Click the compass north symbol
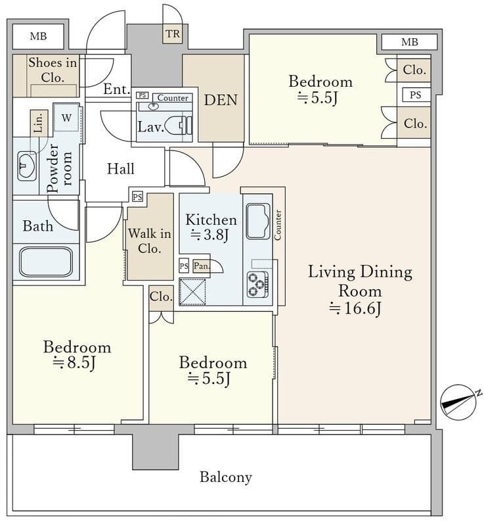click(x=458, y=402)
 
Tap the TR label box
click(x=173, y=34)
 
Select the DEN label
click(x=221, y=100)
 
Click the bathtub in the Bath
click(x=46, y=262)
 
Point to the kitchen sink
click(x=258, y=221)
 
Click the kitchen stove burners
click(x=257, y=285)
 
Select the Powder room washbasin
click(x=27, y=166)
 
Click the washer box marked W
click(x=66, y=118)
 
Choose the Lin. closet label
click(x=39, y=123)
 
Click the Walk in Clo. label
click(x=149, y=241)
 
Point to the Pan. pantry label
click(x=202, y=266)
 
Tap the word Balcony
click(x=226, y=477)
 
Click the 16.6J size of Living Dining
click(x=355, y=308)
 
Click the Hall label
click(x=121, y=169)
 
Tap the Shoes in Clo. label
click(x=53, y=70)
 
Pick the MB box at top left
click(x=38, y=36)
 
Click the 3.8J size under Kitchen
click(x=209, y=235)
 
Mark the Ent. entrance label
click(x=116, y=89)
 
